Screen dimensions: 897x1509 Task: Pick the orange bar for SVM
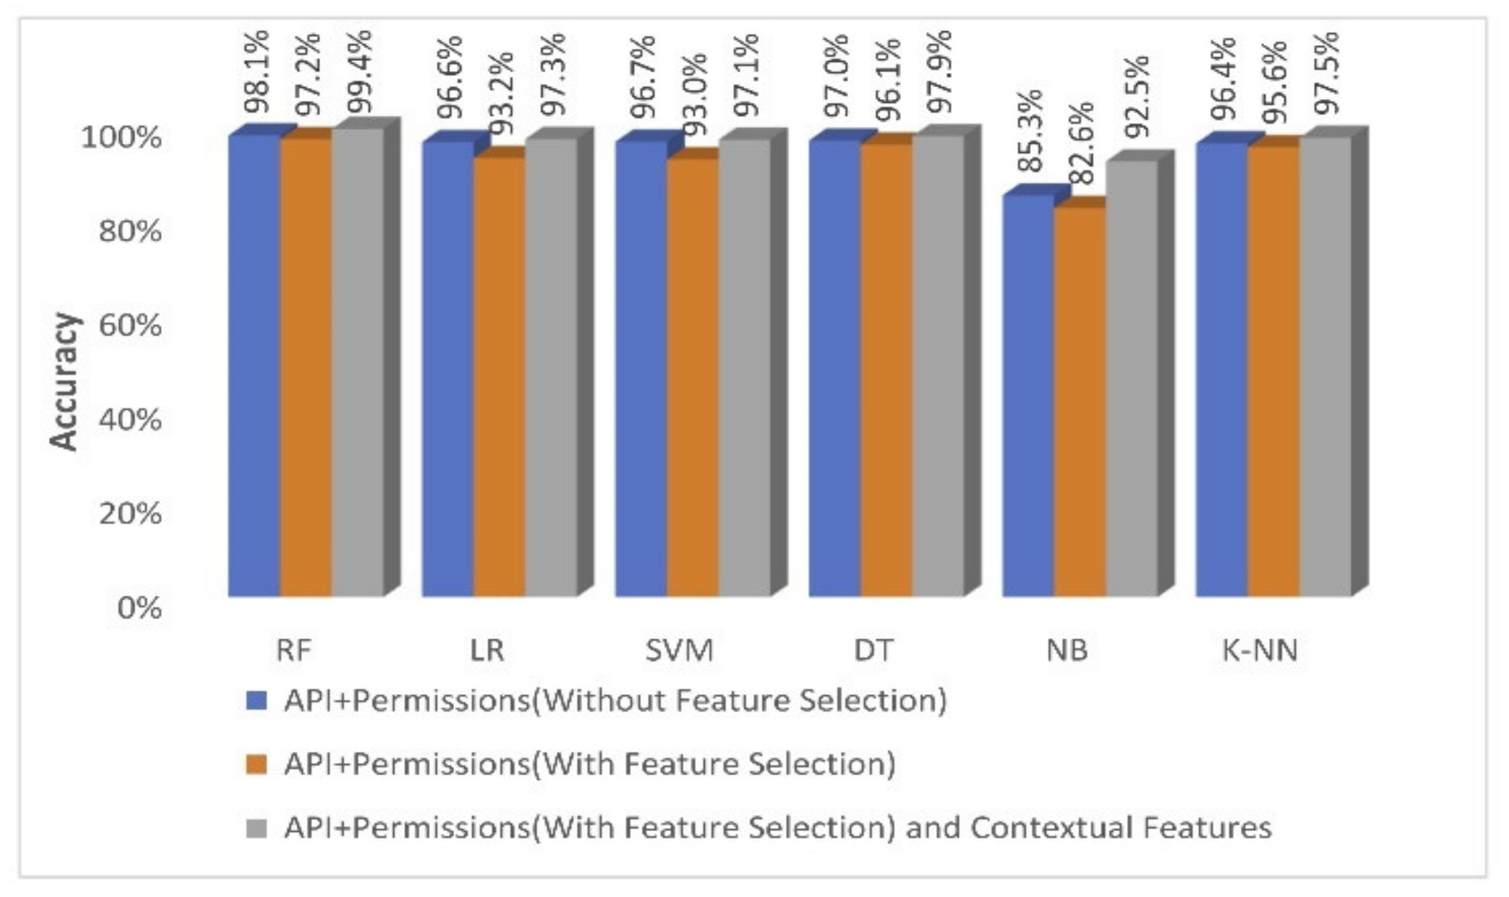[693, 378]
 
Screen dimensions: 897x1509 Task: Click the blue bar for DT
[835, 369]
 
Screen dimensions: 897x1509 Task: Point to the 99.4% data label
[359, 71]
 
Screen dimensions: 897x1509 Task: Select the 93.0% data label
[695, 96]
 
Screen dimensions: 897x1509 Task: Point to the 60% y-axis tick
[130, 326]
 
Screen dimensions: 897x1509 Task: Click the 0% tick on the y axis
[139, 607]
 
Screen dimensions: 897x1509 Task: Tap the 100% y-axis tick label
[122, 138]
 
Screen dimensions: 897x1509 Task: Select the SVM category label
[679, 651]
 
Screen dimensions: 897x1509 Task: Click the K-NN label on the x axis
[1260, 651]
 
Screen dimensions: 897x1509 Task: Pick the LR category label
[486, 651]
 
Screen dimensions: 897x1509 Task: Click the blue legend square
[257, 701]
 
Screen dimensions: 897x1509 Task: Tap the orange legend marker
[257, 764]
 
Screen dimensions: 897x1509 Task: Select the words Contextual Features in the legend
[1121, 827]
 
